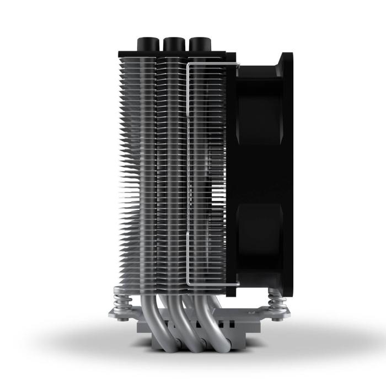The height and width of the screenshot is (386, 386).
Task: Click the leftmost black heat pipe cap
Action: coord(146,43)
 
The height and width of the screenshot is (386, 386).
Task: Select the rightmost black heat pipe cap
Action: coord(199,43)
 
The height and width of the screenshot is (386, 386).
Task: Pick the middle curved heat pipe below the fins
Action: coord(178,320)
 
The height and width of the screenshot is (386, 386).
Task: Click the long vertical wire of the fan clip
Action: coord(188,176)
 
